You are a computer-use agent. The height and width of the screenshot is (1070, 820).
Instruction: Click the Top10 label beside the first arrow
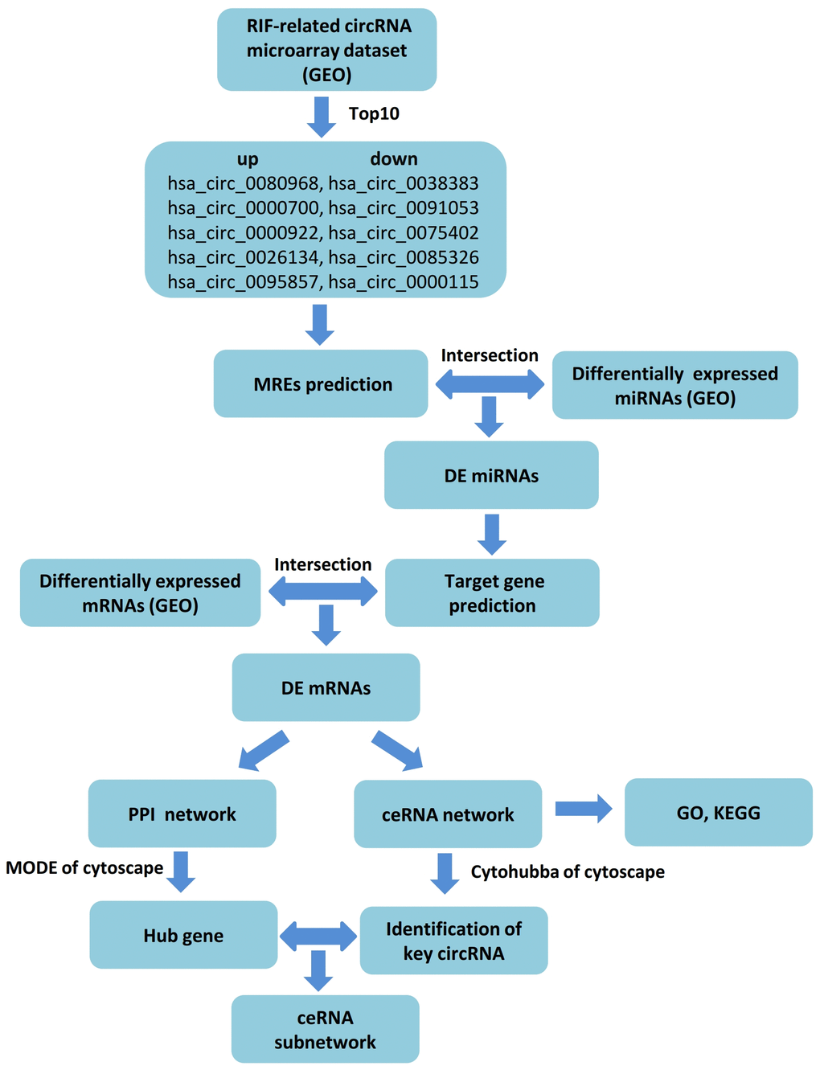click(x=374, y=113)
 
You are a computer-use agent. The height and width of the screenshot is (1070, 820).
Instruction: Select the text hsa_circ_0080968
click(x=244, y=183)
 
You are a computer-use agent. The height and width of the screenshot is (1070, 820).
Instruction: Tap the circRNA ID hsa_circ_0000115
click(x=404, y=282)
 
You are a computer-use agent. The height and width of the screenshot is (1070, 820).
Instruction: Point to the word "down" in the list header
click(x=394, y=159)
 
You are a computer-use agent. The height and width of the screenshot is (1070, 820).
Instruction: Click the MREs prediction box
click(x=321, y=384)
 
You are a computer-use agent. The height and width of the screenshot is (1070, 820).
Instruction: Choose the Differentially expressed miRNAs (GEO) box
click(x=675, y=385)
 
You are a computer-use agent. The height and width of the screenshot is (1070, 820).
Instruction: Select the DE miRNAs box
click(x=491, y=475)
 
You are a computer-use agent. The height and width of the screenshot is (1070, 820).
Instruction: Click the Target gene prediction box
click(x=492, y=593)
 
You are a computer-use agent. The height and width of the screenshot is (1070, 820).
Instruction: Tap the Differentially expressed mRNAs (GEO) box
click(x=140, y=593)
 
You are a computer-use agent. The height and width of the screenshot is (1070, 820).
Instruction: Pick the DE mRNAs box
click(x=326, y=687)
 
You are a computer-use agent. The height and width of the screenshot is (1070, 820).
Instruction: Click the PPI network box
click(x=182, y=814)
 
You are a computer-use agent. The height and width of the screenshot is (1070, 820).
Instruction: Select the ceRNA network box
click(x=448, y=814)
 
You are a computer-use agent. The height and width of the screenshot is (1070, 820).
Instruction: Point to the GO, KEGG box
click(x=718, y=813)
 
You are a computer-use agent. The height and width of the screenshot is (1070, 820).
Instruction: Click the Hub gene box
click(x=183, y=935)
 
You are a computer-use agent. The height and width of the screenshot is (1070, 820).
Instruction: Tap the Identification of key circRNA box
click(x=453, y=941)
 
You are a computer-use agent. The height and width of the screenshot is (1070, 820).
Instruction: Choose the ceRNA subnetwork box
click(x=325, y=1030)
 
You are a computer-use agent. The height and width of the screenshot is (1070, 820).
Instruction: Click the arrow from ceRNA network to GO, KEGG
click(x=583, y=809)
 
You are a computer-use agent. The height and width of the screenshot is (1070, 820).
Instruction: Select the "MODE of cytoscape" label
click(x=84, y=868)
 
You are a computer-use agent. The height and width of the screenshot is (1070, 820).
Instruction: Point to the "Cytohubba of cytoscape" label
click(x=568, y=872)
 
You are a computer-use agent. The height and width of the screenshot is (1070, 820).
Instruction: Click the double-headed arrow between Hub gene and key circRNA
click(x=318, y=936)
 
